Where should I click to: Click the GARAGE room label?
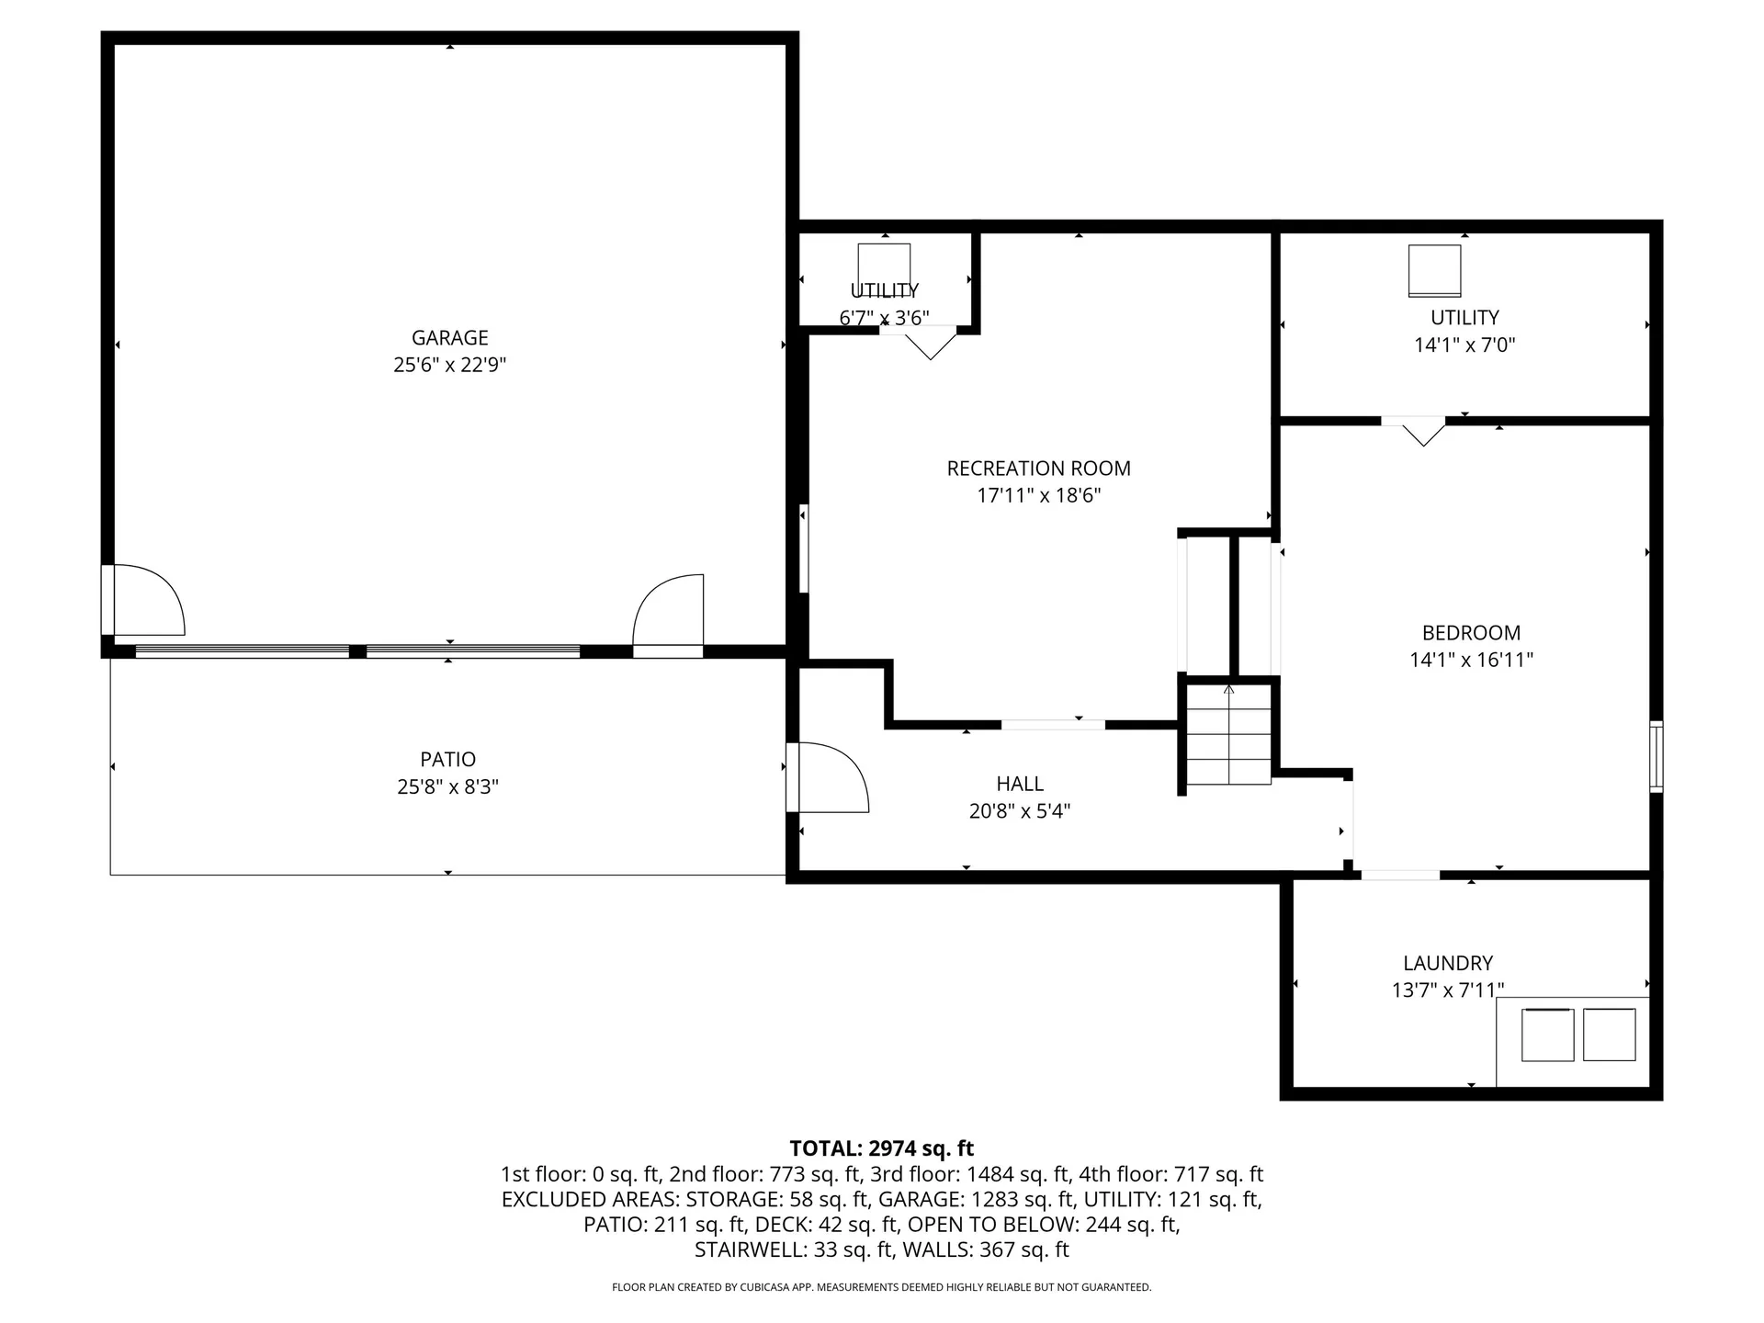[449, 338]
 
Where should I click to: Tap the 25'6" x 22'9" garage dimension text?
[449, 366]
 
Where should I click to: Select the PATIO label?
[448, 760]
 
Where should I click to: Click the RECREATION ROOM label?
[1038, 469]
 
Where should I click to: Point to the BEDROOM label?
[1471, 633]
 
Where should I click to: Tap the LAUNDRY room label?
[1448, 964]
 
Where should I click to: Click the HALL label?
[1020, 784]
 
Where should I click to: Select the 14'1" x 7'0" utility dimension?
[1464, 345]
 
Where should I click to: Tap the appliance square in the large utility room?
[1435, 271]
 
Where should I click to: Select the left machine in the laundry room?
[1548, 1035]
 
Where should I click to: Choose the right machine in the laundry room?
[1610, 1035]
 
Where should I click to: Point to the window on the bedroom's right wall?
[1657, 757]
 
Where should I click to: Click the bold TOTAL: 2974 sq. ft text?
[882, 1148]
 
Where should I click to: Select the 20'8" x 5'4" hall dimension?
[1020, 811]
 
